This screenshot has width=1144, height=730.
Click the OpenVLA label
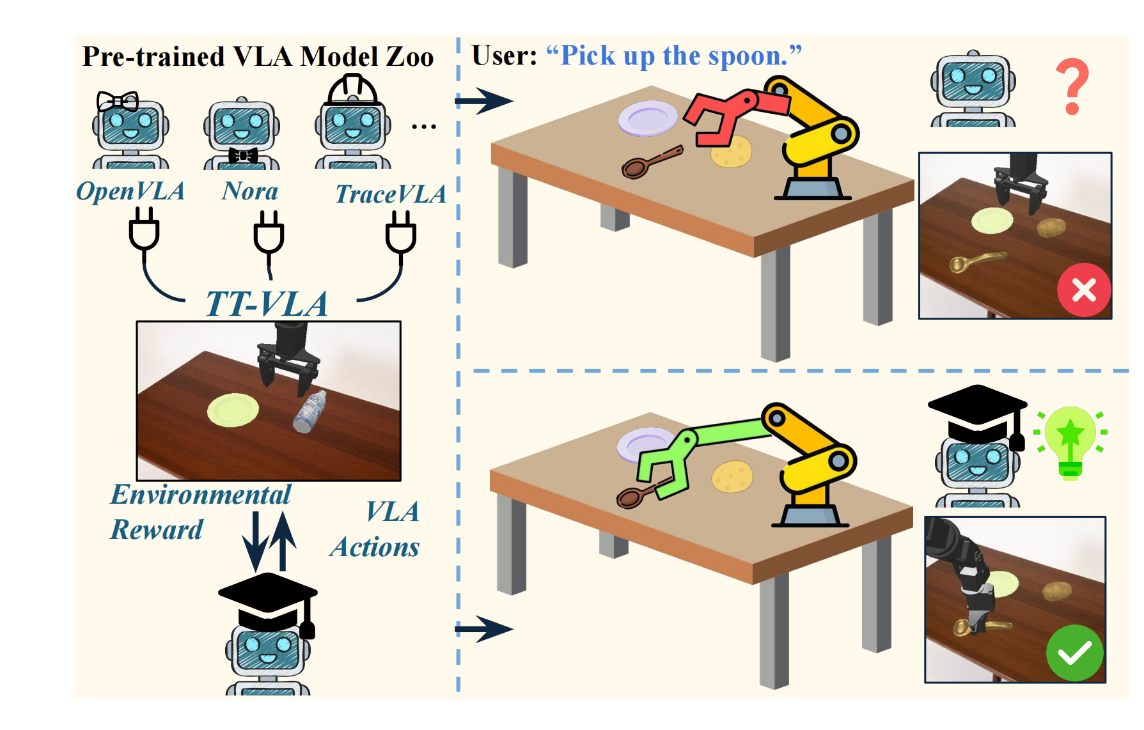130,191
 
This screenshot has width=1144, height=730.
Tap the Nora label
250,191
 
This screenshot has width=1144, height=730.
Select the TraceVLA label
391,194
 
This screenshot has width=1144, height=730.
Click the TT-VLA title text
267,304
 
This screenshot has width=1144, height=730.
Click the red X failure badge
1084,290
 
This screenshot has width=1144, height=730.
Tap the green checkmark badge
1075,653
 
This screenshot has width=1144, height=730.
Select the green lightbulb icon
1070,442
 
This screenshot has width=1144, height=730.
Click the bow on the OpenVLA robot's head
118,101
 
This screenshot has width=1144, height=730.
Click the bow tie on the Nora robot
243,155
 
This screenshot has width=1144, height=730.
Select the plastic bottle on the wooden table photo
310,412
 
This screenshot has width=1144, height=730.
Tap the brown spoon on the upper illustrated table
651,162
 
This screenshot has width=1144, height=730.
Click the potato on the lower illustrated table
732,477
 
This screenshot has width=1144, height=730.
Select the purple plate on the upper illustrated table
648,118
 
